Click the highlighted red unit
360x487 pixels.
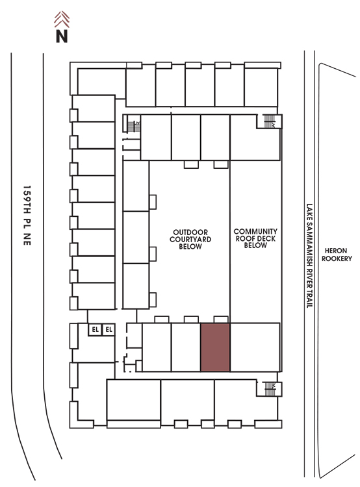tap(215, 347)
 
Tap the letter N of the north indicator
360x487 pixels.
tap(62, 36)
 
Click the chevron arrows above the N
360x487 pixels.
tap(62, 19)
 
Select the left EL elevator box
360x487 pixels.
tap(95, 329)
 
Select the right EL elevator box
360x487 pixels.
tap(109, 329)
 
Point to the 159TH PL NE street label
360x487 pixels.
tap(27, 216)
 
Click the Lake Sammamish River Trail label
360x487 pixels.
tap(309, 256)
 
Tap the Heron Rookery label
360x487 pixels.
tap(337, 255)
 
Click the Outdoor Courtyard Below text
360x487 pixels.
tap(190, 239)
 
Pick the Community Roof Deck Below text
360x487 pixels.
tap(255, 238)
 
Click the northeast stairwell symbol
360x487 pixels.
tap(270, 121)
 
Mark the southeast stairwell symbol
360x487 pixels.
tap(270, 389)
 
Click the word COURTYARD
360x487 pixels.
tap(190, 239)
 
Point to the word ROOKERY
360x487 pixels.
tap(337, 258)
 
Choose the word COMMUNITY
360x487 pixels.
tap(255, 231)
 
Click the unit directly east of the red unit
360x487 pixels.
tap(255, 347)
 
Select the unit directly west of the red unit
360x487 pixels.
tap(186, 347)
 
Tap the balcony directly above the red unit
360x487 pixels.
tap(221, 319)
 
